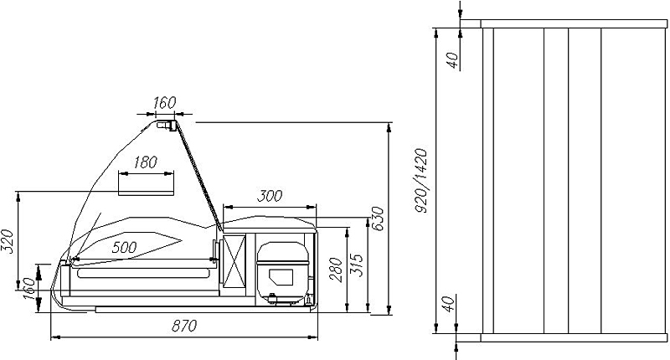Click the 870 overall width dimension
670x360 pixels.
(x=184, y=326)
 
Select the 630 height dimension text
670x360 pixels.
(x=378, y=219)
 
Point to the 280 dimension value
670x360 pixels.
(x=336, y=270)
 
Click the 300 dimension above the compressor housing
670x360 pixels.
(x=270, y=196)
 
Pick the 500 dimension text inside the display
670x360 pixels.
(x=124, y=247)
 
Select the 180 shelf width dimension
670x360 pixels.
(x=145, y=162)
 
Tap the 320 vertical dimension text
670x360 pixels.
(x=8, y=242)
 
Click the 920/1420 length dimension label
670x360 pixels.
(x=421, y=181)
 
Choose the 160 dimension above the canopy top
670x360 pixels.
(x=164, y=102)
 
